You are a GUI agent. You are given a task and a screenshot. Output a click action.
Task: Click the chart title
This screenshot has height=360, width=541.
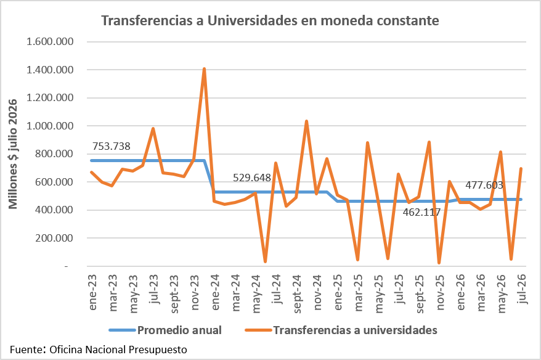pos(270,21)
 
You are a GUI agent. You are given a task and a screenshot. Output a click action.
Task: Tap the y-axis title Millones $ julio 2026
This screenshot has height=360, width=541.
pos(13,154)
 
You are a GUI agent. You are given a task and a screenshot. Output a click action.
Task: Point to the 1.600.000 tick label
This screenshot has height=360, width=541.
pos(50,42)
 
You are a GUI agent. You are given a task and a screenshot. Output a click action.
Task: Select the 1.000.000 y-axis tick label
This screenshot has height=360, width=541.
pos(50,126)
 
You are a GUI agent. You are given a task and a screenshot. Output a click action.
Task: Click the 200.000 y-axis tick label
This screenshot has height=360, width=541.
pos(54,238)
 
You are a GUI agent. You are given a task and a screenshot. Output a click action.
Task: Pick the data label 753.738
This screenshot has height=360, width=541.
pos(111,146)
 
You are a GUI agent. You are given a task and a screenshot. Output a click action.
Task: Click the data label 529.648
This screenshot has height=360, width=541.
pos(252,178)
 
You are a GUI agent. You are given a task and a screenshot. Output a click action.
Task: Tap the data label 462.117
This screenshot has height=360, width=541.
pos(421,212)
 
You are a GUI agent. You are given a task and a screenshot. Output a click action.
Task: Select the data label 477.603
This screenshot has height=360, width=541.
pos(484,186)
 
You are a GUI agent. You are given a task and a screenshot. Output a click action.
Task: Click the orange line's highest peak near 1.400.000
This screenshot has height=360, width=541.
pos(204,68)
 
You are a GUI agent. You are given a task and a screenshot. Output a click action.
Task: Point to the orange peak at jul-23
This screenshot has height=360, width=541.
pos(153,128)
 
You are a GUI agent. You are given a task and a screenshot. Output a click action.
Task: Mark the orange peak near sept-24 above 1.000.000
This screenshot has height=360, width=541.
pos(306,121)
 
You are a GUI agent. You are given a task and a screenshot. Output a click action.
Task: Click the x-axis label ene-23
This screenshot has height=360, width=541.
pos(92,292)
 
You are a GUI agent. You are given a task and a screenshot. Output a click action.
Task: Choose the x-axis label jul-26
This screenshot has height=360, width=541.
pos(522,289)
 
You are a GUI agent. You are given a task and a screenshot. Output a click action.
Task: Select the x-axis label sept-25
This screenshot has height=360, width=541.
pos(419,294)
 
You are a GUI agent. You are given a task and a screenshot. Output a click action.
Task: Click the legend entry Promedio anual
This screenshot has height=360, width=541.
pos(165,330)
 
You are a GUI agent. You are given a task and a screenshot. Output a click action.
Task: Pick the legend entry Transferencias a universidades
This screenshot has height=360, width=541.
pos(341,330)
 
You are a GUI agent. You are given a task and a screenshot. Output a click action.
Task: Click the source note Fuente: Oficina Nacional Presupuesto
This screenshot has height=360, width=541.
pos(99,350)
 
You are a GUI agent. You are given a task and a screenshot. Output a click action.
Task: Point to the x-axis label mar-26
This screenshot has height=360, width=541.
pos(481,293)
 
